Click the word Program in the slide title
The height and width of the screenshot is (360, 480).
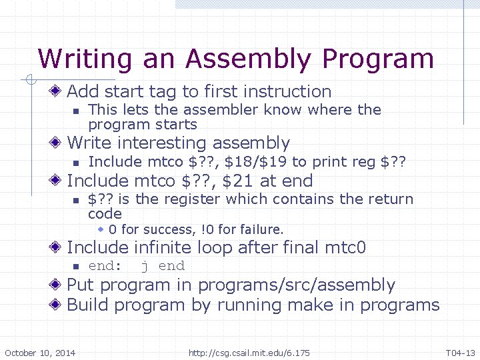(377, 59)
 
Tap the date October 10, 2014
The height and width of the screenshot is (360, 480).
(40, 353)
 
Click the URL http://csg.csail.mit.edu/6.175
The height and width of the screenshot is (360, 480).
(249, 353)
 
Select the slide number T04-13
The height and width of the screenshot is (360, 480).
(460, 353)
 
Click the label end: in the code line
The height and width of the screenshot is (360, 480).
(105, 266)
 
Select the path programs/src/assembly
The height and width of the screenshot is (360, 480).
(297, 285)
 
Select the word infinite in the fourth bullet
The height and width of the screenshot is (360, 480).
(161, 248)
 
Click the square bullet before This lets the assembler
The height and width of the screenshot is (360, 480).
(77, 111)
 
